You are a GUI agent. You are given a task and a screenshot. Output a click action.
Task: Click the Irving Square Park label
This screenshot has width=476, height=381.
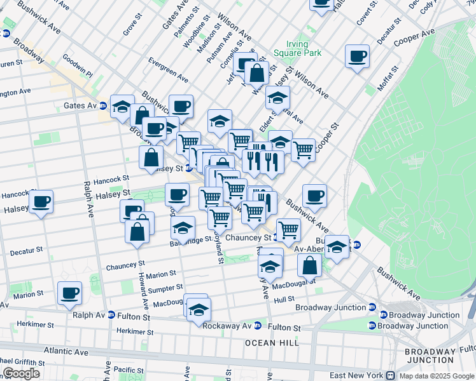290,49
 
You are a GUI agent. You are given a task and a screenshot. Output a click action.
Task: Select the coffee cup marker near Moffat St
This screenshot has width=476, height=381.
357,57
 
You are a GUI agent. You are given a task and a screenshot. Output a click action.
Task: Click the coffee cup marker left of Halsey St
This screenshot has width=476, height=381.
41,202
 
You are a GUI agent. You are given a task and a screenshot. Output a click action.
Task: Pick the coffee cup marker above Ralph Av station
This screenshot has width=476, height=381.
69,293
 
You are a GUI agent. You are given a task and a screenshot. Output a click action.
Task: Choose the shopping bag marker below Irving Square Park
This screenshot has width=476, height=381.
256,73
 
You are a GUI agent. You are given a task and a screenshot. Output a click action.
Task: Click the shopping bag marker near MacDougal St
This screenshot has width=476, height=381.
309,265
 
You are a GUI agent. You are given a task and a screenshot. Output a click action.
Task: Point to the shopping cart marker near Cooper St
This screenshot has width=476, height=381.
303,150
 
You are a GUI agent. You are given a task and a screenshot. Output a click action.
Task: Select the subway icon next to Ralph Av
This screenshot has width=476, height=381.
111,315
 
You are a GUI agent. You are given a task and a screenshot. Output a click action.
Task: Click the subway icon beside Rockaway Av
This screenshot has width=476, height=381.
258,326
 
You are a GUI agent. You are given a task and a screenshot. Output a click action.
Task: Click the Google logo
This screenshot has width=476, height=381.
21,373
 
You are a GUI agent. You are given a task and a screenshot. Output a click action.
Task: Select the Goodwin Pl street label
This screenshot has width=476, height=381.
77,65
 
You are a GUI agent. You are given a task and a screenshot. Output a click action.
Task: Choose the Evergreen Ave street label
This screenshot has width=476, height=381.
168,70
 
